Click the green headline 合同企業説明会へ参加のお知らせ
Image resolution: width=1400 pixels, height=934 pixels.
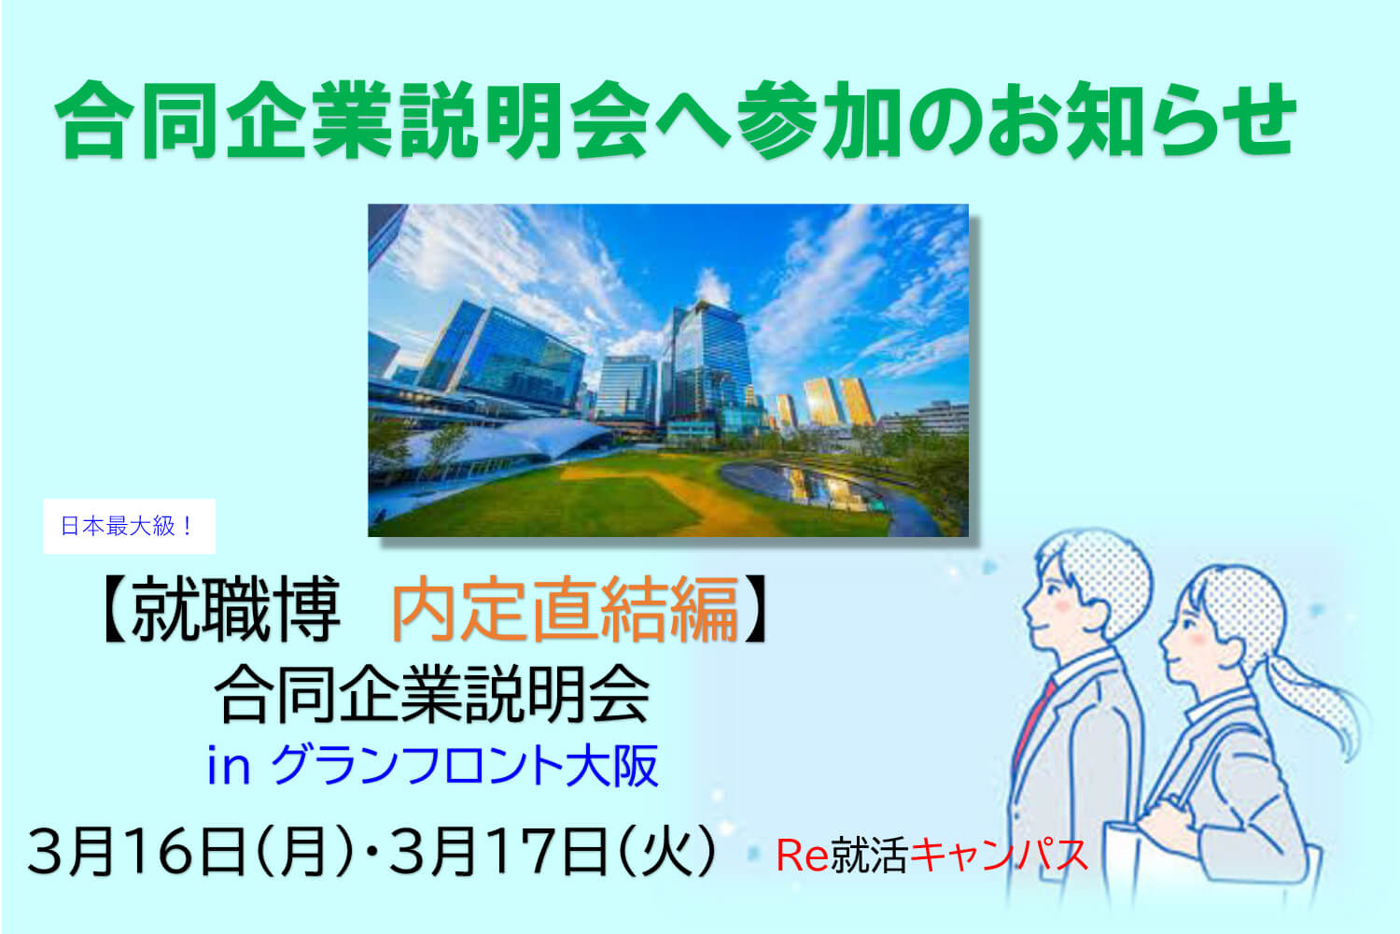coord(676,120)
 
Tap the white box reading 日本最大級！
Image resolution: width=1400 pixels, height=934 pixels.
coord(130,526)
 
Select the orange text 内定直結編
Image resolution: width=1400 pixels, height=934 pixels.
coord(566,609)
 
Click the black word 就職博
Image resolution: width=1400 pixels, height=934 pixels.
coord(235,609)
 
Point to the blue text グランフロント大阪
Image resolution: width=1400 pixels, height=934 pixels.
coord(465,765)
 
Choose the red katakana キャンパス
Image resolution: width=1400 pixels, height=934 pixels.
coord(999,855)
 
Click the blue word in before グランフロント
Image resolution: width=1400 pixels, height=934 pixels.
coord(229,766)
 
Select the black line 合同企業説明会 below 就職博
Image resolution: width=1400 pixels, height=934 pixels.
coord(432,694)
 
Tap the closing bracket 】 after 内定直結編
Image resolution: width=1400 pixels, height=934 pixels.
coord(758,609)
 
